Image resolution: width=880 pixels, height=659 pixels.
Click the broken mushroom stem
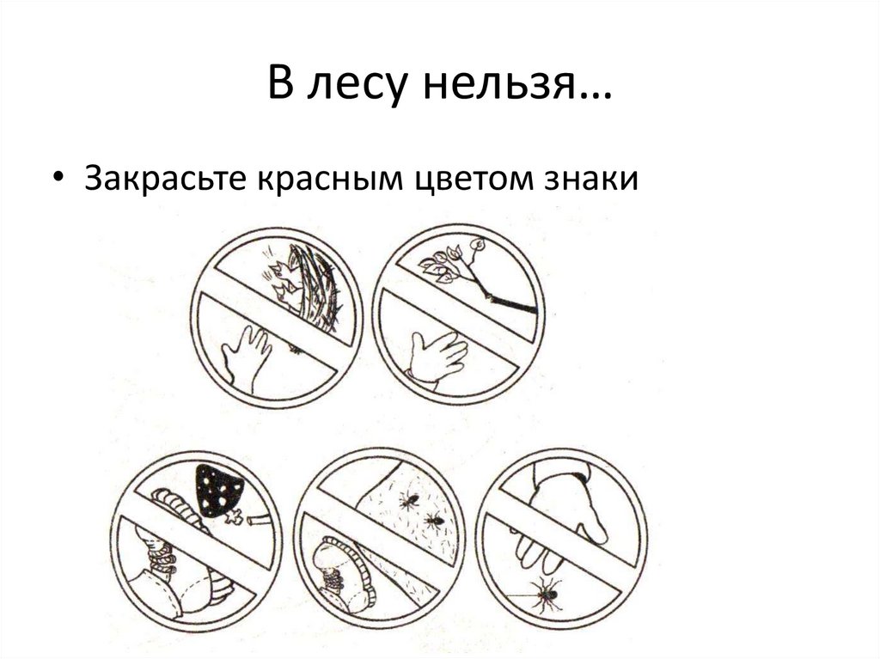coord(258,519)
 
